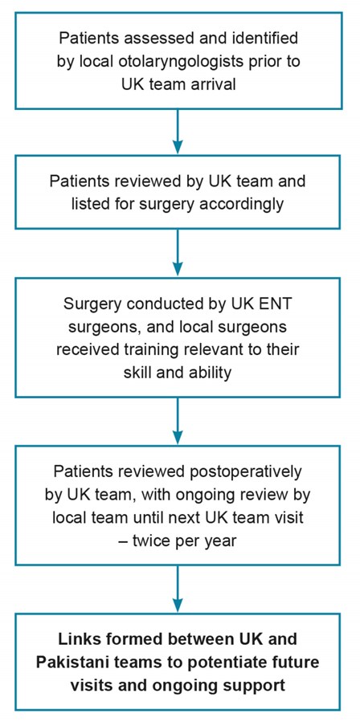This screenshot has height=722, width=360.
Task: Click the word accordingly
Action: pyautogui.click(x=243, y=204)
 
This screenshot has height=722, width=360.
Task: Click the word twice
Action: pyautogui.click(x=155, y=541)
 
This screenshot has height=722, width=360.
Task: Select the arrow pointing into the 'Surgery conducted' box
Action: pyautogui.click(x=178, y=254)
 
